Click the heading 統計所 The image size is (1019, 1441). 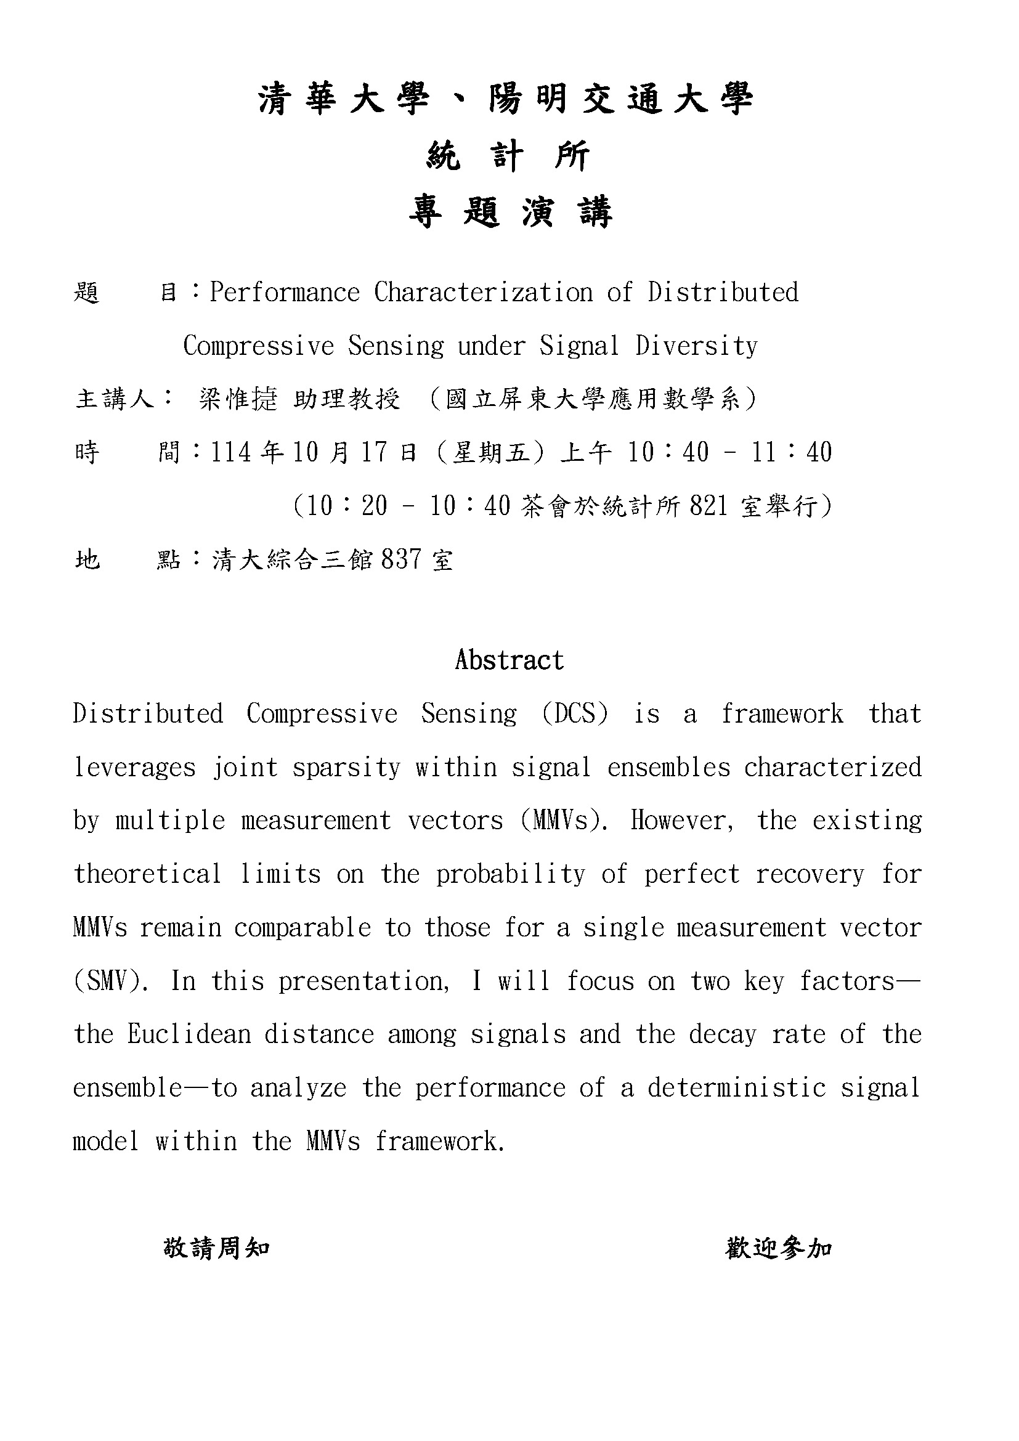pyautogui.click(x=508, y=156)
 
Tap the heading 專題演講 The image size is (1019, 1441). pyautogui.click(x=509, y=211)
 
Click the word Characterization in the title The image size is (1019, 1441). pyautogui.click(x=483, y=293)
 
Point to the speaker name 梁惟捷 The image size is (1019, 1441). pyautogui.click(x=238, y=399)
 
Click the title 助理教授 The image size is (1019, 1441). pyautogui.click(x=347, y=399)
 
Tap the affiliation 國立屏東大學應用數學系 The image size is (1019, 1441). pyautogui.click(x=593, y=399)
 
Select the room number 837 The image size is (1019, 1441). pyautogui.click(x=401, y=559)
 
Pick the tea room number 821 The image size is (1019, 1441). pyautogui.click(x=708, y=506)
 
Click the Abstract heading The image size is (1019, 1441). pyautogui.click(x=509, y=660)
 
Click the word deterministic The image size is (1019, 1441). pyautogui.click(x=737, y=1087)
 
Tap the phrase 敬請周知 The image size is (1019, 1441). pyautogui.click(x=216, y=1248)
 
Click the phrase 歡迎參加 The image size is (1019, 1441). pyautogui.click(x=779, y=1248)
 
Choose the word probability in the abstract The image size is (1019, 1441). pyautogui.click(x=511, y=874)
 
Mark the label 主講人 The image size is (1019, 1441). pyautogui.click(x=115, y=399)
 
